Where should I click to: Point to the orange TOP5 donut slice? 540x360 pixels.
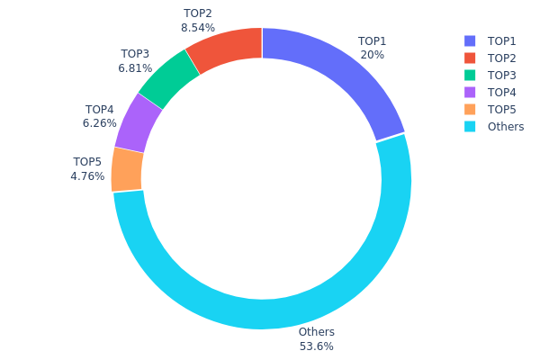(127, 169)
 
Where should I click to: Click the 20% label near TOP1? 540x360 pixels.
(373, 55)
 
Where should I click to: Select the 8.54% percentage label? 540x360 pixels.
(197, 28)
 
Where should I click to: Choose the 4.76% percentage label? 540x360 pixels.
(87, 176)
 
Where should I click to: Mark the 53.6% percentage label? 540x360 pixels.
(316, 346)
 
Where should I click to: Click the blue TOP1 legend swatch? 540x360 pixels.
(470, 41)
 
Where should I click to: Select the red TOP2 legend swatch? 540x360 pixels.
(470, 58)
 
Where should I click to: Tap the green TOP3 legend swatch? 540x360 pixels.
(470, 76)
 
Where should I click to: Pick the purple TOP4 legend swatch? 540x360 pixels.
(470, 93)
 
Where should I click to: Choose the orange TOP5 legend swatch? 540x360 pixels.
(470, 110)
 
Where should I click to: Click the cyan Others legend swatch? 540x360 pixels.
(470, 127)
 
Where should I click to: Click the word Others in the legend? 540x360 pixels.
(506, 127)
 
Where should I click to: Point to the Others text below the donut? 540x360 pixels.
(316, 333)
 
